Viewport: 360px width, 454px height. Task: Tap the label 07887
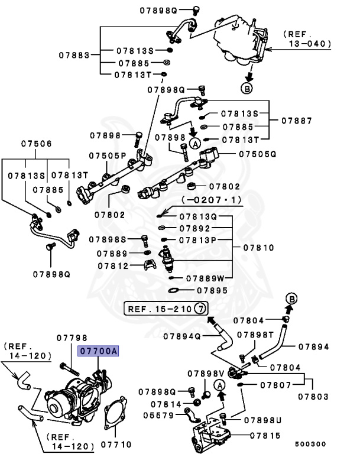pos(296,120)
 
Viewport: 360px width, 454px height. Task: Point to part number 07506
pos(37,144)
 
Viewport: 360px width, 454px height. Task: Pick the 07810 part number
pos(258,248)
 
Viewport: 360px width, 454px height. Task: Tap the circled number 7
pos(201,309)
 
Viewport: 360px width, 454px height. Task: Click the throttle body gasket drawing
pos(116,414)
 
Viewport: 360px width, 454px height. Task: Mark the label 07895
pos(212,290)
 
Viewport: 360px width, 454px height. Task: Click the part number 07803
pos(313,396)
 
